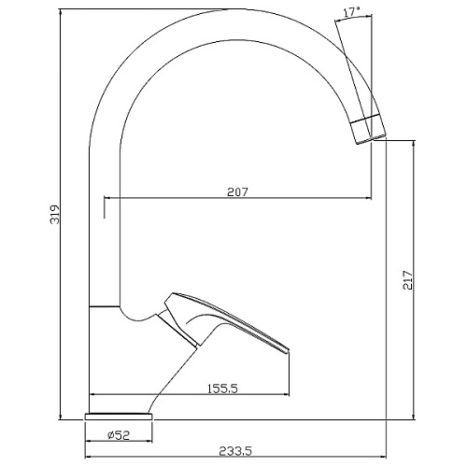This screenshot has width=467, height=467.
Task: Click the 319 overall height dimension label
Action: pyautogui.click(x=55, y=214)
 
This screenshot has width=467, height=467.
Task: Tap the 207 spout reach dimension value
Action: pyautogui.click(x=237, y=191)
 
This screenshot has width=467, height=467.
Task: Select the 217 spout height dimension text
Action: pyautogui.click(x=407, y=280)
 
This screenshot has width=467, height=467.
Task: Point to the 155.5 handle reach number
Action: pyautogui.click(x=222, y=389)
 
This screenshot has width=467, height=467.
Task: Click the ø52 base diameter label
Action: pyautogui.click(x=119, y=435)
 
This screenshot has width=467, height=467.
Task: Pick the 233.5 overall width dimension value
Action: pyautogui.click(x=235, y=451)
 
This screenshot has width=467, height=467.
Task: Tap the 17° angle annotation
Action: pyautogui.click(x=351, y=13)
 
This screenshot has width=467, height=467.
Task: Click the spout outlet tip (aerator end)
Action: pyautogui.click(x=372, y=140)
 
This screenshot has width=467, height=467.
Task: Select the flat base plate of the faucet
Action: pyautogui.click(x=119, y=417)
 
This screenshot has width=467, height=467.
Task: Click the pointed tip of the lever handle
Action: pyautogui.click(x=289, y=350)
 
